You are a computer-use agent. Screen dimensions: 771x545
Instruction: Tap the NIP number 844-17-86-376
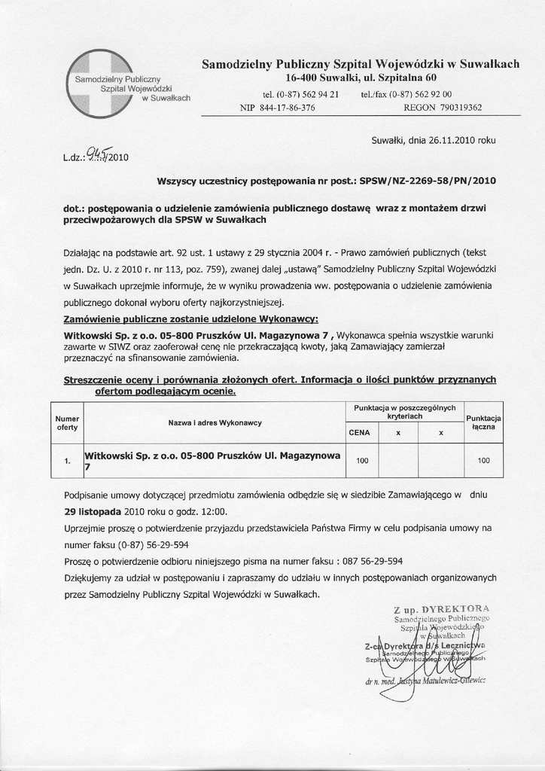(x=288, y=108)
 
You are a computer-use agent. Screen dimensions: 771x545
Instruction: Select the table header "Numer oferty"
(x=68, y=422)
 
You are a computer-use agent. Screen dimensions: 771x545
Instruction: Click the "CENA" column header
(x=359, y=433)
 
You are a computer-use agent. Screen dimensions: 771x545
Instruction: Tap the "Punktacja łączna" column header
(x=484, y=422)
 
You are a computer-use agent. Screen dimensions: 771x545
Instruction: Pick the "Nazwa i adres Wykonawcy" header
(x=215, y=422)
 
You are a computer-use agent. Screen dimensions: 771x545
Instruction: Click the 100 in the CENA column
(x=362, y=461)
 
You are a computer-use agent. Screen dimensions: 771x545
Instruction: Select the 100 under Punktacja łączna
(x=484, y=461)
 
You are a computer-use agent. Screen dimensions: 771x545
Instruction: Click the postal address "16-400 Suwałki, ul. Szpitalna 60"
(x=361, y=78)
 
